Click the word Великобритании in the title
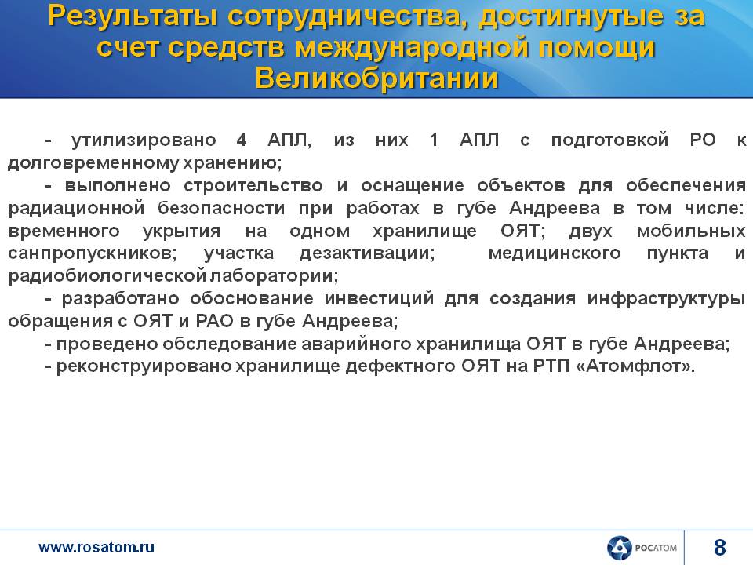click(376, 78)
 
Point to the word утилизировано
click(144, 140)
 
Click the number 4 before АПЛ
click(242, 140)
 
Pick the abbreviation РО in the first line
click(703, 140)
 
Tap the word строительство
click(253, 185)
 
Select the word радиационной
click(76, 209)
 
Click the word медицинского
click(555, 253)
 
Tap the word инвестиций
click(379, 299)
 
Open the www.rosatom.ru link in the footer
click(96, 547)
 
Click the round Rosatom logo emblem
click(619, 547)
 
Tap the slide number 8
click(719, 547)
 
